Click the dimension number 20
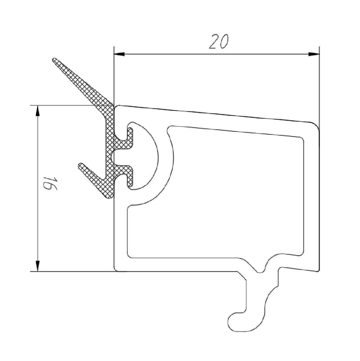click(218, 42)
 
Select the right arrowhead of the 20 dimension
click(314, 54)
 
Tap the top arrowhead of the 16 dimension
click(37, 111)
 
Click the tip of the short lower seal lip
click(81, 165)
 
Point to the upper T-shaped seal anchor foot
click(129, 139)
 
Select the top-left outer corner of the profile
click(116, 107)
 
